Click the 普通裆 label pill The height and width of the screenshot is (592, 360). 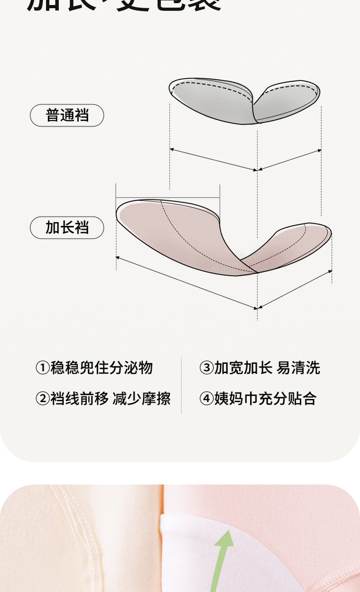point(67,115)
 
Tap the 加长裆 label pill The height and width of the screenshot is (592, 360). point(67,227)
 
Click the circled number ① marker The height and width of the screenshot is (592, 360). point(42,368)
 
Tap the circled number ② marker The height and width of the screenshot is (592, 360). point(42,399)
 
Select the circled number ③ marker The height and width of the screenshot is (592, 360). point(206,368)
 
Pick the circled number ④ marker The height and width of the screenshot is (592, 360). point(206,399)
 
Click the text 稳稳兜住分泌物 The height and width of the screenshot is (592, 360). point(101,368)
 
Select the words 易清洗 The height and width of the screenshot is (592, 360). point(298,368)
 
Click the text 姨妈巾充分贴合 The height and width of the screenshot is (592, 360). point(265,399)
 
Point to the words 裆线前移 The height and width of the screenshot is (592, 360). point(79,399)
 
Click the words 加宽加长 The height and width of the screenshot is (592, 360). point(243,368)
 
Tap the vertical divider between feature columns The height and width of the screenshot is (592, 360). point(181,385)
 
